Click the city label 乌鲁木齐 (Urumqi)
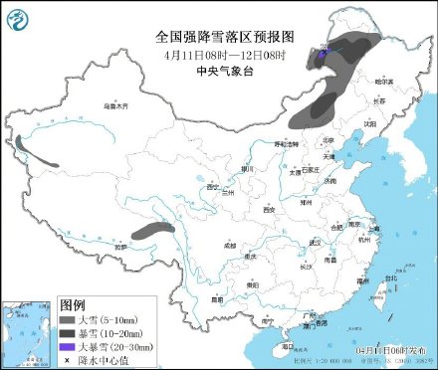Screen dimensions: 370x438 (116, 104)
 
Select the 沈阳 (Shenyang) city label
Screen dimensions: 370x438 (370, 124)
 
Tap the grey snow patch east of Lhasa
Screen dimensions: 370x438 (149, 231)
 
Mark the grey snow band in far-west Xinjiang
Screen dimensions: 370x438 (41, 156)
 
